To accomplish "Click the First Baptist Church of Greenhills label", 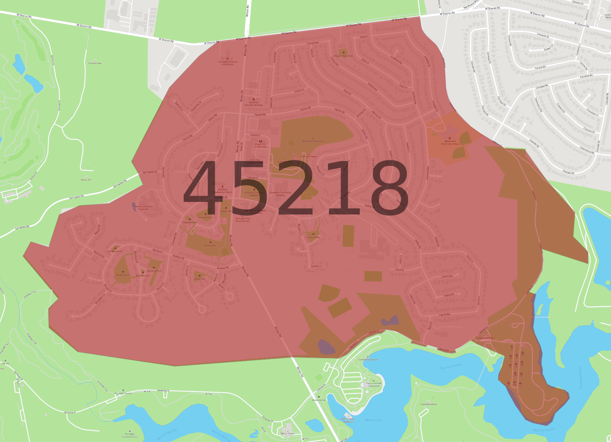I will [x=228, y=63].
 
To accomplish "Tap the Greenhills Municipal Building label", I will [x=254, y=104].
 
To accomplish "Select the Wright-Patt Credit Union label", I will [x=261, y=146].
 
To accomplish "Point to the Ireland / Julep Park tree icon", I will [x=344, y=53].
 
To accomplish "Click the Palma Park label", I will [x=210, y=246].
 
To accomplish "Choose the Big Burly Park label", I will [x=123, y=275].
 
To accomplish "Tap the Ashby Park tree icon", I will [x=200, y=276].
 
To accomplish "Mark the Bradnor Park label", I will [x=115, y=251].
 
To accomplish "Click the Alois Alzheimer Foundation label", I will [x=144, y=208].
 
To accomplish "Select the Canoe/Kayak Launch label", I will [x=368, y=360].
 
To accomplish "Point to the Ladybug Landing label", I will [x=428, y=404].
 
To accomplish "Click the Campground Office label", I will [x=484, y=338].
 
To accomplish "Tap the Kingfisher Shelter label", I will [x=123, y=393].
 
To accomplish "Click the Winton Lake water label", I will [x=373, y=420].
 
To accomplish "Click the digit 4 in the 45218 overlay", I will [x=204, y=188].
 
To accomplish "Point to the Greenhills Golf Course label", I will [x=313, y=141].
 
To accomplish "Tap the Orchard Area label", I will [x=95, y=63].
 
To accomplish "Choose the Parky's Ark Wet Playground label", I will [x=374, y=385].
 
